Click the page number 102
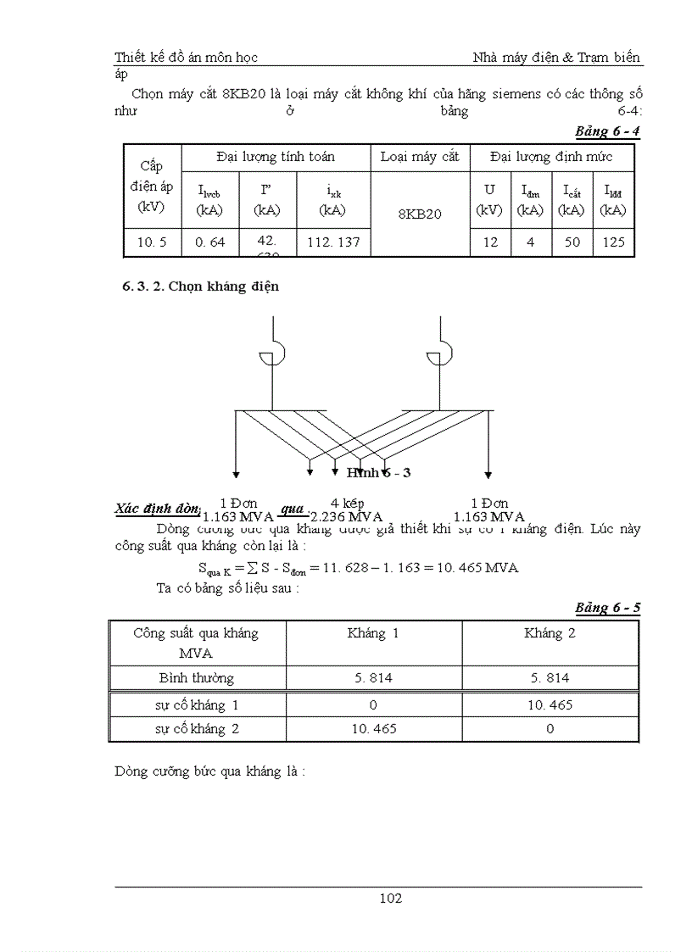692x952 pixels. pyautogui.click(x=390, y=899)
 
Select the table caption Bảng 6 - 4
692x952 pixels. pyautogui.click(x=607, y=131)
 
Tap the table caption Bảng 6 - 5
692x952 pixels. pyautogui.click(x=607, y=608)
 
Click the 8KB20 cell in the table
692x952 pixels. pyautogui.click(x=420, y=214)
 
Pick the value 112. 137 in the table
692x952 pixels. pyautogui.click(x=333, y=242)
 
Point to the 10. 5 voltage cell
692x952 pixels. pyautogui.click(x=152, y=242)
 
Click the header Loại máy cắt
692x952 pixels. pyautogui.click(x=420, y=157)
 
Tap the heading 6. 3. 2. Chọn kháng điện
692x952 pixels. pyautogui.click(x=201, y=287)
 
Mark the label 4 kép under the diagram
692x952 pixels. pyautogui.click(x=347, y=503)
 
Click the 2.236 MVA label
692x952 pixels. pyautogui.click(x=347, y=517)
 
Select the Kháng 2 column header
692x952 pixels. pyautogui.click(x=550, y=633)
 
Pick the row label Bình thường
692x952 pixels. pyautogui.click(x=197, y=678)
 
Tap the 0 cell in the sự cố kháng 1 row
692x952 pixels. pyautogui.click(x=373, y=705)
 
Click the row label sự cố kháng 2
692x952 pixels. pyautogui.click(x=197, y=729)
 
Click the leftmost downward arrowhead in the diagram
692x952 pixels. pyautogui.click(x=236, y=472)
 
